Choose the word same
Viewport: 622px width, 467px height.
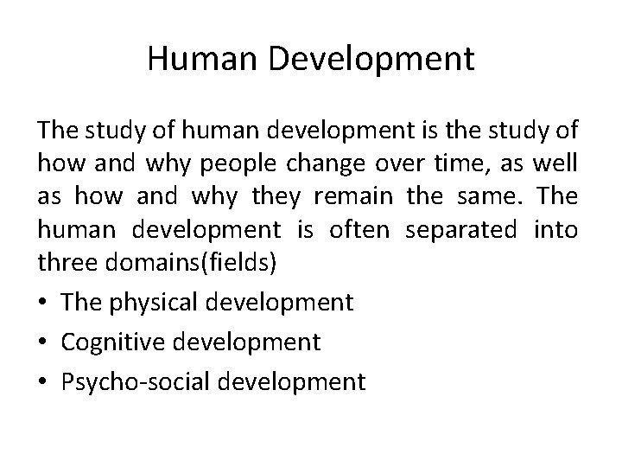(x=498, y=198)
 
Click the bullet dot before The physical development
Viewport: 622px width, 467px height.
(x=43, y=303)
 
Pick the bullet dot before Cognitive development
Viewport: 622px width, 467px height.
(x=43, y=342)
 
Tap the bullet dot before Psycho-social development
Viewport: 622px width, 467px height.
(x=43, y=381)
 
